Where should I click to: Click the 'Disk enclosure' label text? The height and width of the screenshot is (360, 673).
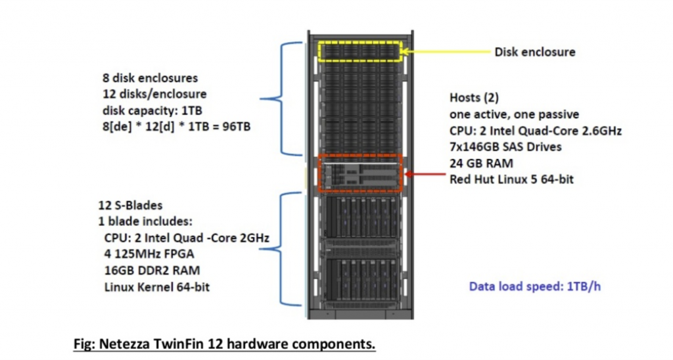coord(534,52)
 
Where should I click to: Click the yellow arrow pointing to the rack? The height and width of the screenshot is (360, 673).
coord(446,51)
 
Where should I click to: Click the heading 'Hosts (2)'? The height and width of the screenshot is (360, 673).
coord(474,98)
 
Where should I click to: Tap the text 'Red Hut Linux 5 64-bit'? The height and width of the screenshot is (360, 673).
coord(511,179)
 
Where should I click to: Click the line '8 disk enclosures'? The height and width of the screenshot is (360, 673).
coord(150,78)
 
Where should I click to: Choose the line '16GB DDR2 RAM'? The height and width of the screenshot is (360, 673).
coord(152,270)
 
